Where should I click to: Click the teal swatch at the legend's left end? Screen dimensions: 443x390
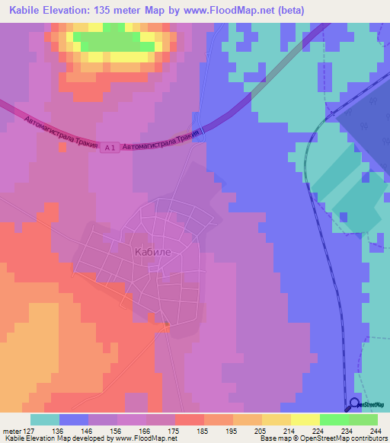[x=44, y=419]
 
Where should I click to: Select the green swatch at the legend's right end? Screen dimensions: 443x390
[x=363, y=419]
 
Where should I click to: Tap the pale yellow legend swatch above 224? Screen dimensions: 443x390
[x=305, y=419]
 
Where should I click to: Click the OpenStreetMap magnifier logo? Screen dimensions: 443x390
[x=354, y=404]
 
